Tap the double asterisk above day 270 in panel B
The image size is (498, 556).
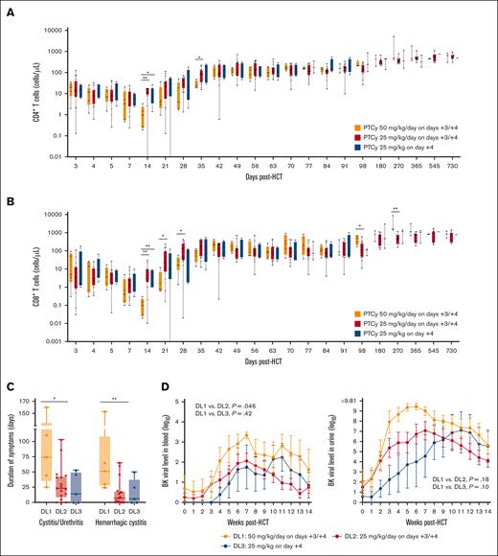395,210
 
